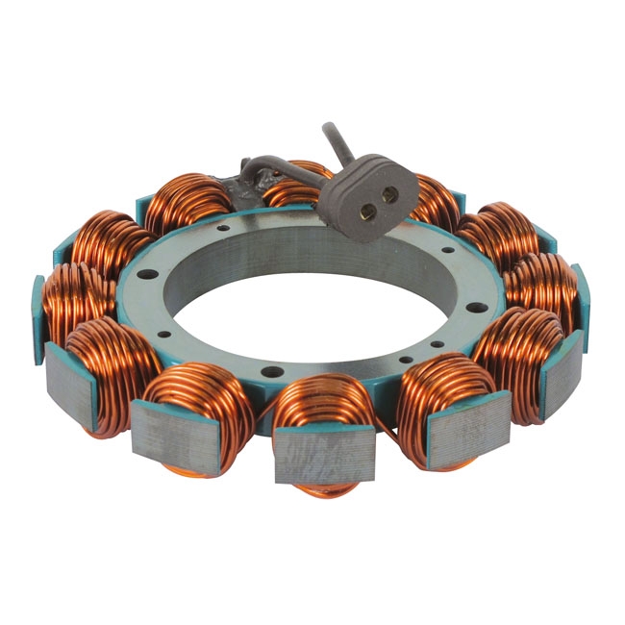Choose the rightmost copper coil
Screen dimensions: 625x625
click(543, 284)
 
